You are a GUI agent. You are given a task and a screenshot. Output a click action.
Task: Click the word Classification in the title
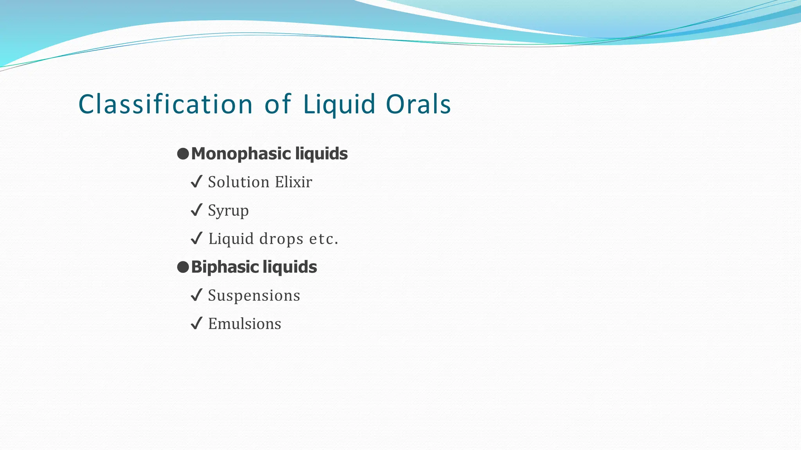pos(165,104)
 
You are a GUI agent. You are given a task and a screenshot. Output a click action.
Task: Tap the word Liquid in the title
pos(339,104)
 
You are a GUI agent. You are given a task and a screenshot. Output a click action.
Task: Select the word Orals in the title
pos(418,104)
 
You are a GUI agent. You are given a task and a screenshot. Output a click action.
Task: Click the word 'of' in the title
pos(278,104)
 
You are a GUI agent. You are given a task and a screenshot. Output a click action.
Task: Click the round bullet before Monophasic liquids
pos(183,154)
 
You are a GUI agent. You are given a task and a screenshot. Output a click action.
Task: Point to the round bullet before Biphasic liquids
pos(183,267)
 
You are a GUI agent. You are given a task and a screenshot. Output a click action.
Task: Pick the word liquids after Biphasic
pos(290,267)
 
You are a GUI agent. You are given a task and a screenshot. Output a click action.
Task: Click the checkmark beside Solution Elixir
pos(196,182)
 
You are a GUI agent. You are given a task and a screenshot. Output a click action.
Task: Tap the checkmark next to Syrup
pos(196,210)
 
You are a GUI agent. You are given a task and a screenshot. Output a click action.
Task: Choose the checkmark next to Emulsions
pos(196,323)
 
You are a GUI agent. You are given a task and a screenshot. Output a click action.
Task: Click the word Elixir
pos(293,182)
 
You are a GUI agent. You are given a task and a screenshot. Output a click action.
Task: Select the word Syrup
pos(228,211)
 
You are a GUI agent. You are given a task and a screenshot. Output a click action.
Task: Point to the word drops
pos(281,239)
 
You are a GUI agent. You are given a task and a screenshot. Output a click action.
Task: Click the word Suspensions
pos(254,295)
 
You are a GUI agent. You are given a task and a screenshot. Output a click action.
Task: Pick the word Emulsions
pos(244,324)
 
